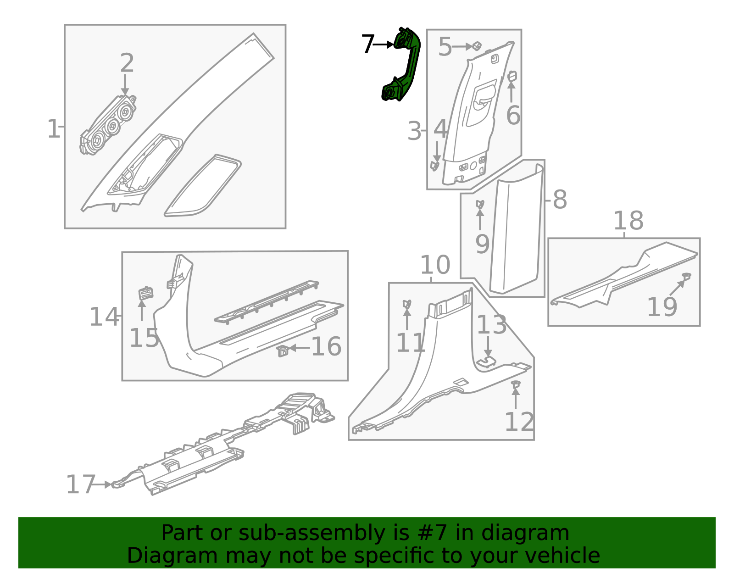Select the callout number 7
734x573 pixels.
tap(367, 45)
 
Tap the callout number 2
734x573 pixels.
tap(127, 63)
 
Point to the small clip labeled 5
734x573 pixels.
tap(477, 46)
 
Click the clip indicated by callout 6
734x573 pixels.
tap(512, 77)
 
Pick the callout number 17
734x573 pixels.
tap(80, 485)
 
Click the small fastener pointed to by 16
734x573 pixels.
tap(283, 351)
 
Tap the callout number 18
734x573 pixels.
tap(628, 221)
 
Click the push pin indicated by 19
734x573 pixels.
tap(686, 276)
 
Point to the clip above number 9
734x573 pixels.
tap(480, 204)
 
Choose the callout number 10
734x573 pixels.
tap(435, 265)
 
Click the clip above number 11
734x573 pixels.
tap(406, 304)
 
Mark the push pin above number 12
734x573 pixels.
tap(516, 384)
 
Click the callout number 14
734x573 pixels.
tap(104, 317)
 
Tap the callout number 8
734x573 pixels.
tap(560, 200)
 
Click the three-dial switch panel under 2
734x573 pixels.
tap(108, 125)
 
